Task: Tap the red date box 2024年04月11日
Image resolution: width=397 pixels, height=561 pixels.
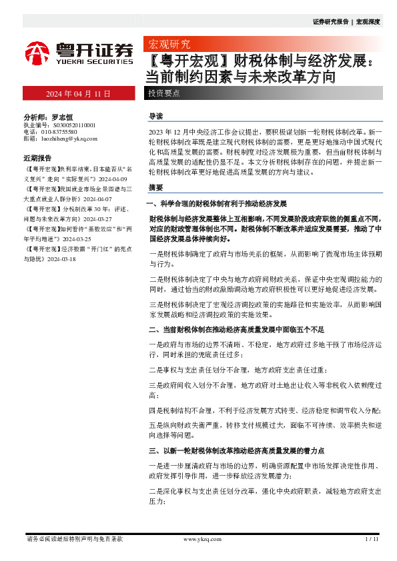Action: click(78, 93)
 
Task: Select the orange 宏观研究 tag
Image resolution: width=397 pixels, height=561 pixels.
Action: click(167, 45)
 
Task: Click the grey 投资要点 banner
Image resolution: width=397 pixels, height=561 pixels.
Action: click(164, 93)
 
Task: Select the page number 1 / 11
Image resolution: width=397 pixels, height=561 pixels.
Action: click(372, 539)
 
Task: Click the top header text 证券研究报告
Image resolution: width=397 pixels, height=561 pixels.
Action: click(330, 22)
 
